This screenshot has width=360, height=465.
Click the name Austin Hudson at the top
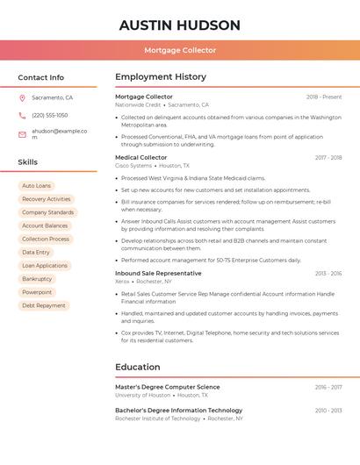pyautogui.click(x=180, y=25)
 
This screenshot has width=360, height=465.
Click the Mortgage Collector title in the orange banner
pyautogui.click(x=180, y=51)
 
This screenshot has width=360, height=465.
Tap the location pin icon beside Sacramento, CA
pyautogui.click(x=22, y=98)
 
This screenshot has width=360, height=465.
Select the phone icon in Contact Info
pyautogui.click(x=22, y=115)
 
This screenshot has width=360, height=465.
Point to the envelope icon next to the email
pyautogui.click(x=22, y=133)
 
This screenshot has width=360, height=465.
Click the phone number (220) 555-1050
pyautogui.click(x=50, y=115)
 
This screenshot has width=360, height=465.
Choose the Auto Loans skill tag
pyautogui.click(x=36, y=186)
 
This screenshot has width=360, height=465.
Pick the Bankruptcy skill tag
pyautogui.click(x=37, y=279)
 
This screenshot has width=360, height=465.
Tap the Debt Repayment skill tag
pyautogui.click(x=44, y=305)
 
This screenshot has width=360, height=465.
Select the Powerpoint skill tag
pyautogui.click(x=37, y=292)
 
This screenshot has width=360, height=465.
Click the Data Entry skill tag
pyautogui.click(x=36, y=253)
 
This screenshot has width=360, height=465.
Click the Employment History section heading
pyautogui.click(x=161, y=77)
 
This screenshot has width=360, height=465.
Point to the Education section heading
pyautogui.click(x=137, y=367)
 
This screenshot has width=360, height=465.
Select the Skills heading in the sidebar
pyautogui.click(x=28, y=162)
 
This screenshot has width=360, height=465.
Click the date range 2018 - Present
pyautogui.click(x=324, y=97)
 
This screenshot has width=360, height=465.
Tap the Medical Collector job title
pyautogui.click(x=140, y=157)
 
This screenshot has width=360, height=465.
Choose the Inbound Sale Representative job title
pyautogui.click(x=158, y=273)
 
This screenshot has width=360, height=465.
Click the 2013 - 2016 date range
pyautogui.click(x=328, y=274)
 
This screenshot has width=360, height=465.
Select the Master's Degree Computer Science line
pyautogui.click(x=168, y=387)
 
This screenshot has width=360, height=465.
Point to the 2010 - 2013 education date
pyautogui.click(x=328, y=411)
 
